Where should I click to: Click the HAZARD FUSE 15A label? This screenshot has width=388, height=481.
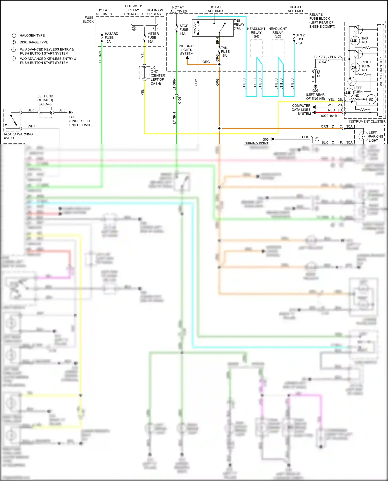pos(111,37)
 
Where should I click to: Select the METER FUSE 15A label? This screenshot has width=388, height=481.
pos(153,37)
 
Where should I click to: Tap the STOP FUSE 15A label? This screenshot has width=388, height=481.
pos(184,29)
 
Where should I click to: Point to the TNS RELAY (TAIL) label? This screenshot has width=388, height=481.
pos(239,24)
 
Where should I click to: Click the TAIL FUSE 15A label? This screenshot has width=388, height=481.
pos(225,51)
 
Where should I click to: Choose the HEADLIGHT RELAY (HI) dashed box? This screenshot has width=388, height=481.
pos(257,48)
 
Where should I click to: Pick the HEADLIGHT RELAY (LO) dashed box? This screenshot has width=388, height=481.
pos(278,48)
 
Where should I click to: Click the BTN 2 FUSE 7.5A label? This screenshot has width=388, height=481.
pos(300,39)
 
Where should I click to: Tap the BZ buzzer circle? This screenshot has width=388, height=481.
pos(371,99)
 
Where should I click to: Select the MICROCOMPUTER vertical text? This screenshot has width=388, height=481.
pos(381,72)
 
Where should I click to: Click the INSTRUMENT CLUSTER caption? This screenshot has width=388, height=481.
pos(367,121)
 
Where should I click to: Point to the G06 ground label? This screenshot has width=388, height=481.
pos(315,91)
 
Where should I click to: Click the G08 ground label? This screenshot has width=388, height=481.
pos(72,117)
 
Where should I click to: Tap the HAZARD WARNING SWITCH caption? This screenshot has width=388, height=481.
pos(18,136)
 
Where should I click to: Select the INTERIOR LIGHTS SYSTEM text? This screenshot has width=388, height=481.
pos(186,50)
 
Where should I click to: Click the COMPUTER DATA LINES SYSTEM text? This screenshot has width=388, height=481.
pos(301,110)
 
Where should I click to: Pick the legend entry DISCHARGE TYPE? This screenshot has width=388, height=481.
pos(34,42)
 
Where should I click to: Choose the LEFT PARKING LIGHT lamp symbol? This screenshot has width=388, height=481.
pos(363,136)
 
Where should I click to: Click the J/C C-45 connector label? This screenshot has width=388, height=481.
pos(45,104)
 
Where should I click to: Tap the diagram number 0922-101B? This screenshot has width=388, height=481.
pos(329,116)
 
